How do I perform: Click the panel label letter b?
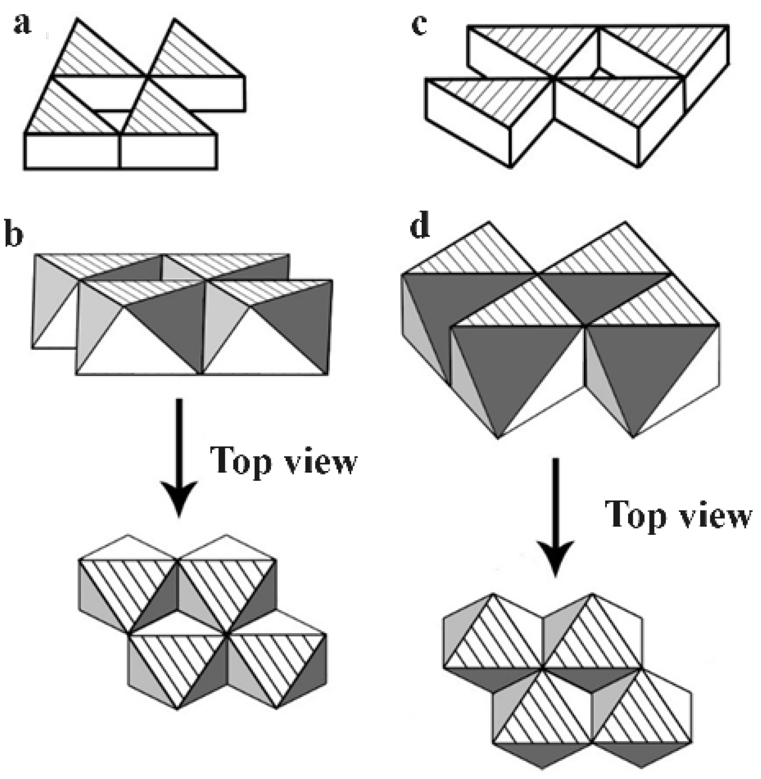[x=14, y=235]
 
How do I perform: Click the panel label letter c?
[x=420, y=24]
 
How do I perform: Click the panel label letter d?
[x=420, y=227]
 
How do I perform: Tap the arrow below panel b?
[x=179, y=457]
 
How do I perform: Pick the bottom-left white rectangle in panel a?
[x=72, y=151]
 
